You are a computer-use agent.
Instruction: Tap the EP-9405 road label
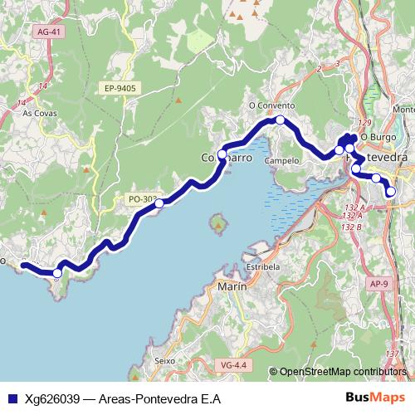pos(120,87)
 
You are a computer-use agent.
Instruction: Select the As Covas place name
pos(38,113)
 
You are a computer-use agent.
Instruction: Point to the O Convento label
pos(271,106)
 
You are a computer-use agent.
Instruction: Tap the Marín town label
pos(232,286)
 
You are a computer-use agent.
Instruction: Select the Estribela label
pos(263,267)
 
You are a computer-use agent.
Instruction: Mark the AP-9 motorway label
pos(378,284)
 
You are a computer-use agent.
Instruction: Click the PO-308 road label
pos(142,199)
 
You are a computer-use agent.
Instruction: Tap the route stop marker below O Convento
pos(281,120)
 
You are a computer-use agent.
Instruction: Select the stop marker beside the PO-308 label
pos(159,202)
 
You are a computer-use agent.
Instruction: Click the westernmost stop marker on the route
pos(57,272)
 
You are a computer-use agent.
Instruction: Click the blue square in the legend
pos(12,398)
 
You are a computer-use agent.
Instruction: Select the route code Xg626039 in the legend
pos(51,398)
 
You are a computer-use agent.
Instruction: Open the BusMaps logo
pos(372,398)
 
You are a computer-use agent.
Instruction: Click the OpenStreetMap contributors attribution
pos(343,372)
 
